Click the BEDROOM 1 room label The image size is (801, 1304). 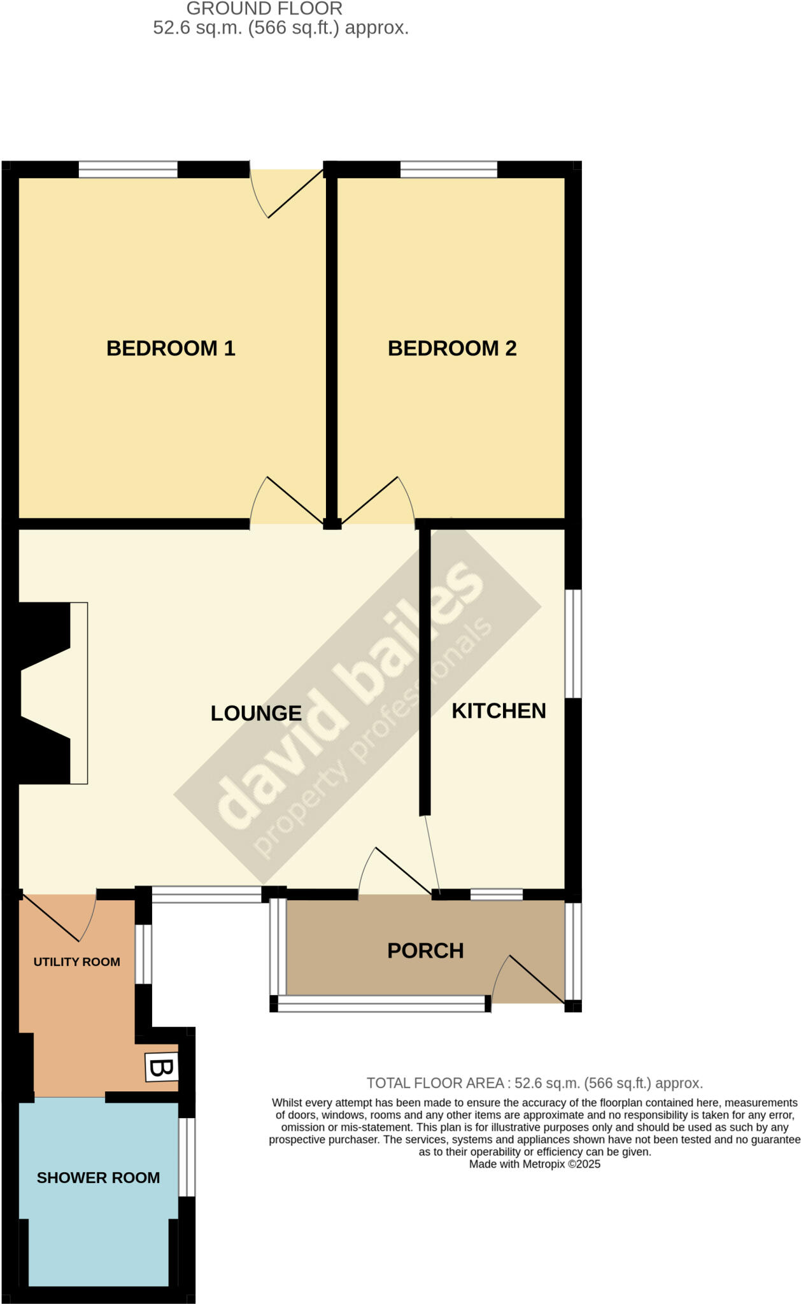coord(171,348)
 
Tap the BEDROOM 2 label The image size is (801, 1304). coord(452,348)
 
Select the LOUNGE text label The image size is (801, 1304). coord(256,713)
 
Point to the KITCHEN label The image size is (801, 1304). coord(499,711)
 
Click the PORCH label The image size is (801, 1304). coord(425,951)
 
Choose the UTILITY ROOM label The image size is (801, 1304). coord(76,962)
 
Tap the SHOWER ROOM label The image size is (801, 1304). coord(98,1178)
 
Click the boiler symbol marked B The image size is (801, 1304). coord(162,1068)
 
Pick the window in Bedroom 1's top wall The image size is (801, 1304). coord(127,169)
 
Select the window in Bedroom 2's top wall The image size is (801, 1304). coord(448,169)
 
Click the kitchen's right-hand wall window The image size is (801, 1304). coord(574,643)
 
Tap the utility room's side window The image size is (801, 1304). coord(144,954)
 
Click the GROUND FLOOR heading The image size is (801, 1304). coord(264,9)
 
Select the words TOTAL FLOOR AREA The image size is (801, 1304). coord(435,1083)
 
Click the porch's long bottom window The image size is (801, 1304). coord(381,1004)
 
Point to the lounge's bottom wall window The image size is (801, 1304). coord(206,895)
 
